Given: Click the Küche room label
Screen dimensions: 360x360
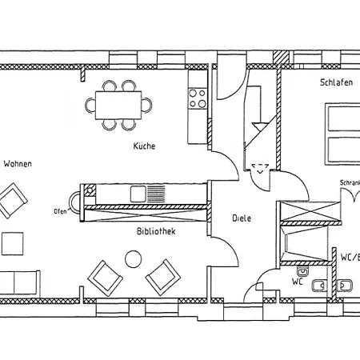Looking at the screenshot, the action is point(144,146).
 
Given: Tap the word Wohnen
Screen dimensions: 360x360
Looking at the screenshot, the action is point(18,164).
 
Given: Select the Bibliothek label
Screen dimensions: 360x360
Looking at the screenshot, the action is point(156,231).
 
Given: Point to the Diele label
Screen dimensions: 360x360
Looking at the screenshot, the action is point(242,218).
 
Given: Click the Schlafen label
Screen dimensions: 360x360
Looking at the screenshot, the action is point(336,82).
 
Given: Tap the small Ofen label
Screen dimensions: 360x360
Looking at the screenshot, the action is point(60,211).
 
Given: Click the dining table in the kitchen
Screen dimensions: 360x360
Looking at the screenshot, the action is point(118,106).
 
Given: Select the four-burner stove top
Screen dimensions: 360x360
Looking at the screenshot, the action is point(198,98).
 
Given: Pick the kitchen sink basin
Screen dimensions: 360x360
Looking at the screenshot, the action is point(138,194).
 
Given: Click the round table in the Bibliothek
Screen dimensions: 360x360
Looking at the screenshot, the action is point(134,259).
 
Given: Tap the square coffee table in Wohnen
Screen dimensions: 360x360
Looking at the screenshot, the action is point(13,244).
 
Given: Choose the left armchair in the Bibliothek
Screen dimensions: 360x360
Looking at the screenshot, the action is point(106,278).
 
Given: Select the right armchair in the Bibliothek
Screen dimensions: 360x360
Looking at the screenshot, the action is point(163,278).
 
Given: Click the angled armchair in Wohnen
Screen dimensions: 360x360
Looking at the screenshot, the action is point(11,201).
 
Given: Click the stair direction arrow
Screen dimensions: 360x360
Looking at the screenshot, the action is point(260,126).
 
